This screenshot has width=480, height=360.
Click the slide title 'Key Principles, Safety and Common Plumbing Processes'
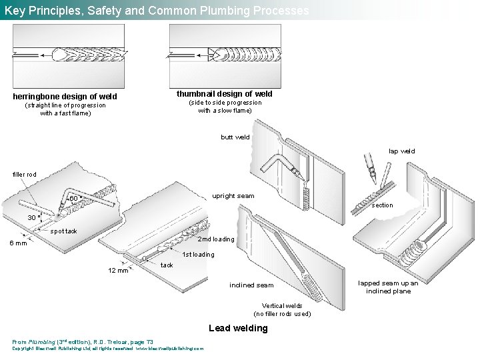pos(157,11)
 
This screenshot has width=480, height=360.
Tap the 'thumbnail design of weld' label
pos(225,94)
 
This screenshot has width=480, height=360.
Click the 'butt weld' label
pos(235,137)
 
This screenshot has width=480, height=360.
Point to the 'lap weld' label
pos(401,151)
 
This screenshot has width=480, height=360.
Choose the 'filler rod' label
pos(25,175)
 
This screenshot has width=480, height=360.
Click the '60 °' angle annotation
pos(75,199)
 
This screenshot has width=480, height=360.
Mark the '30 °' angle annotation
pos(34,217)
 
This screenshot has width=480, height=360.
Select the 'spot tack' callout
pos(64,231)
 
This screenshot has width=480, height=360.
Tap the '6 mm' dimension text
pos(18,243)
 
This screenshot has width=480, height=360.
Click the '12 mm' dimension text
pos(118,270)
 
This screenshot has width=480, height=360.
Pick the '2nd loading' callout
pos(216,239)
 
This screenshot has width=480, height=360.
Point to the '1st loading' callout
pos(198,254)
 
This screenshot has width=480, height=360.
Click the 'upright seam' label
pos(233,196)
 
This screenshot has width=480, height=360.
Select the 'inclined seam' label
pos(251,285)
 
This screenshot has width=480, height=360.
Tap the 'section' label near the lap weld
pos(382,205)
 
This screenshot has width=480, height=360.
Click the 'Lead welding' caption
pos(238,328)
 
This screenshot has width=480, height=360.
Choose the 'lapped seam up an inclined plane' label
pos(388,287)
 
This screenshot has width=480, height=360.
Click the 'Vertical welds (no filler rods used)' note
pos(282,309)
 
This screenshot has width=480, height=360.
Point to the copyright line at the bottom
pos(108,348)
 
